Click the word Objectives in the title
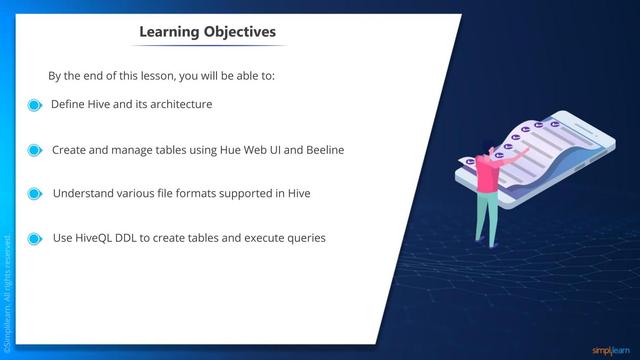click(x=240, y=32)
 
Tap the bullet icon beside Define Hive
click(x=34, y=105)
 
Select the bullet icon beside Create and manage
click(x=34, y=150)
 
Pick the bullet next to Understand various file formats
click(x=34, y=194)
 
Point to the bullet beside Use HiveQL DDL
click(x=34, y=239)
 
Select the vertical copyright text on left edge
click(x=7, y=290)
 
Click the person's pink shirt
click(x=488, y=176)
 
